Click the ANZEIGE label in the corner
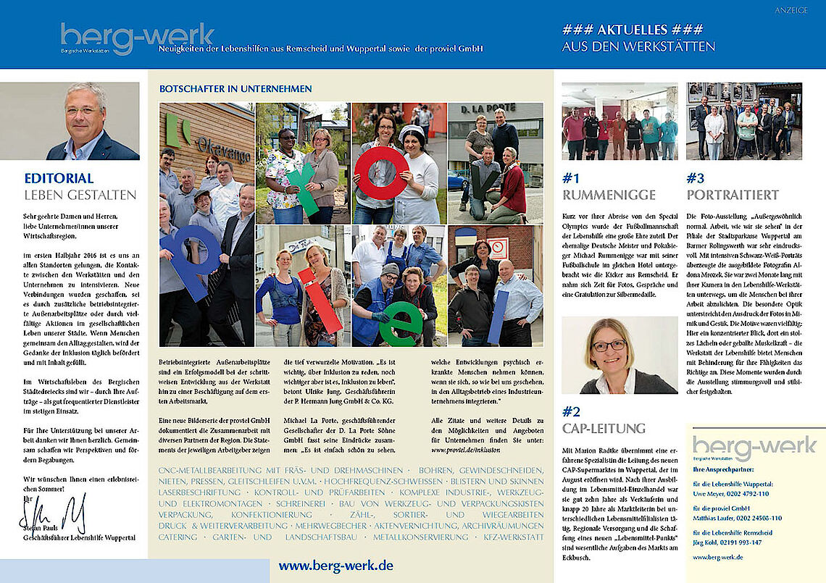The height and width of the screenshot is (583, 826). (x=790, y=10)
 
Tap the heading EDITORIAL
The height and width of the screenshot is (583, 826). (x=59, y=178)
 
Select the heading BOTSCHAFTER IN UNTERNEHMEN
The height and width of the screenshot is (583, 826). (x=235, y=89)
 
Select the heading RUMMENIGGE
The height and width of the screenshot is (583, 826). (x=609, y=195)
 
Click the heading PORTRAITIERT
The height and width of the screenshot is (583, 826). (x=733, y=195)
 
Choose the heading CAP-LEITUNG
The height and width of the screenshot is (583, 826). (x=604, y=428)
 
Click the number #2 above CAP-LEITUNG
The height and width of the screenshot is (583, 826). (x=571, y=411)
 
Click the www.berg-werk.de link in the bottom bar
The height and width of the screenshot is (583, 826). (x=336, y=566)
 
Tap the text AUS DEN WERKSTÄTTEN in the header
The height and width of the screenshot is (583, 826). (x=638, y=47)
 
